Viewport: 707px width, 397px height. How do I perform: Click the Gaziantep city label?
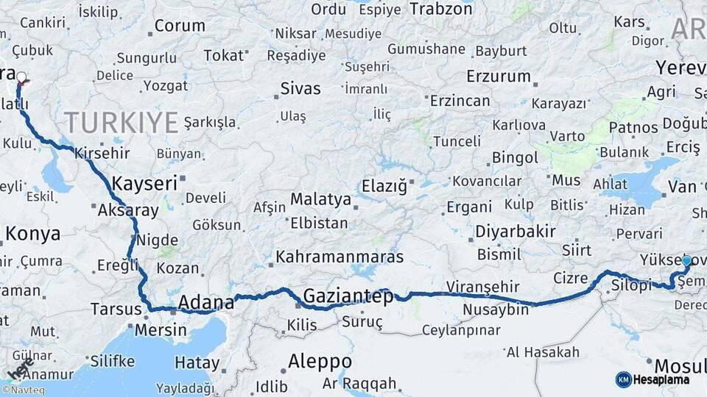[x=348, y=296]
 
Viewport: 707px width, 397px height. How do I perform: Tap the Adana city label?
[x=206, y=302]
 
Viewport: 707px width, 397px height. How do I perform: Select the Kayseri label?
[x=144, y=183]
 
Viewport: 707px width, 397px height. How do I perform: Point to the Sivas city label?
[x=300, y=89]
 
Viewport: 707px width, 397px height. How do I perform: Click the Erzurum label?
[x=499, y=76]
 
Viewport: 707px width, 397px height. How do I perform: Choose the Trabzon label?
[x=440, y=9]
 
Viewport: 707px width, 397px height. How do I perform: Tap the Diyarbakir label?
[x=515, y=231]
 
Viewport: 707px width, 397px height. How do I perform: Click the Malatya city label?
[x=320, y=199]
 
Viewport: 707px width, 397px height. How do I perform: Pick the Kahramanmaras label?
[x=340, y=257]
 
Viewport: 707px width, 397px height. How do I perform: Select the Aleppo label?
[x=320, y=361]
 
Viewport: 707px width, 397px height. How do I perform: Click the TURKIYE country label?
[x=121, y=122]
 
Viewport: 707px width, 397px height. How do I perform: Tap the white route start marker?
[x=21, y=77]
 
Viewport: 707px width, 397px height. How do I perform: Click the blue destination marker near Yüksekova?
[x=686, y=261]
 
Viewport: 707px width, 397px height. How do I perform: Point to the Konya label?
[x=32, y=234]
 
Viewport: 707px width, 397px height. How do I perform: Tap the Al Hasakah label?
[x=543, y=352]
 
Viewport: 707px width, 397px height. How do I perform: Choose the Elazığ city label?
[x=384, y=187]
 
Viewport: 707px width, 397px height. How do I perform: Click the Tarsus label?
[x=116, y=309]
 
